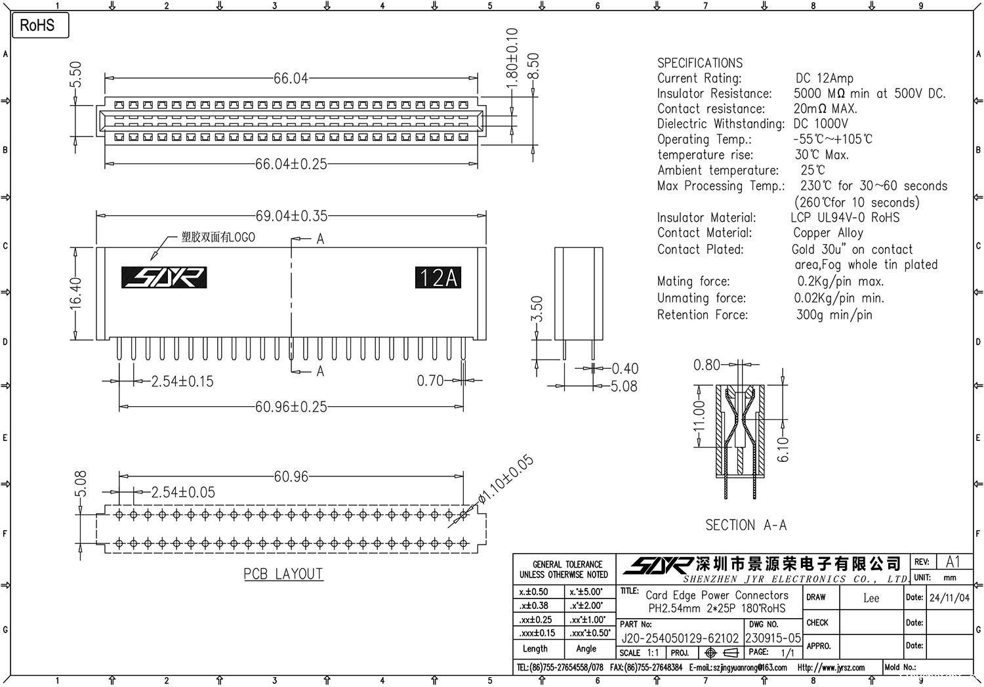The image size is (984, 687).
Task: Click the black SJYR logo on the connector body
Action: [x=164, y=278]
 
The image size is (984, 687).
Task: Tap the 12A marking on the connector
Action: [x=438, y=278]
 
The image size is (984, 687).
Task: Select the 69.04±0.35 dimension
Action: [x=291, y=216]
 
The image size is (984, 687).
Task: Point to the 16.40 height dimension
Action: [x=76, y=293]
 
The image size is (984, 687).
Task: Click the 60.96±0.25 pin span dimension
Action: [x=291, y=407]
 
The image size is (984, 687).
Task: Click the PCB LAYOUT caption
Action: [x=283, y=574]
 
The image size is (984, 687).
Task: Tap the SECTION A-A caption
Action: [x=746, y=525]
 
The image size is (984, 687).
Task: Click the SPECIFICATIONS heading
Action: [x=700, y=63]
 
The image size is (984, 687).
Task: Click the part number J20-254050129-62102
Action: [x=680, y=638]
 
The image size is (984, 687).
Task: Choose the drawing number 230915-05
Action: [x=773, y=638]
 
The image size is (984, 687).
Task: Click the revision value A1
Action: [x=953, y=562]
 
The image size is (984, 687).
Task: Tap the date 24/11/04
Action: [x=949, y=598]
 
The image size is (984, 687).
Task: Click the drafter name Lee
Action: [x=871, y=598]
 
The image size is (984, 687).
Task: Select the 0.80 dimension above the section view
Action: [x=707, y=365]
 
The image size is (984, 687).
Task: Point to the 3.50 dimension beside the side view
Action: [x=537, y=309]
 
